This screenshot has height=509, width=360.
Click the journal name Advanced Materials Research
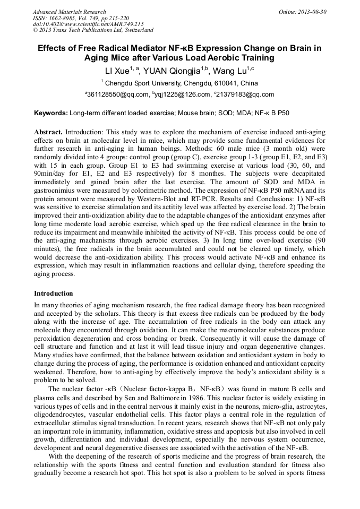click(69, 12)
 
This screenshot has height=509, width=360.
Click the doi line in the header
click(88, 24)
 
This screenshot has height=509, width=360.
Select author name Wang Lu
click(229, 71)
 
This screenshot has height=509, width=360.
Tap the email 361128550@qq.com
click(118, 95)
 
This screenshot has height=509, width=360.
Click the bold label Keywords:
click(51, 113)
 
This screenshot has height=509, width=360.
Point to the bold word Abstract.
click(48, 131)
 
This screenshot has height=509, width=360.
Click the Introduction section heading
click(54, 293)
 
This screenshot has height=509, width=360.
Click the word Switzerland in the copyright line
click(136, 30)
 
